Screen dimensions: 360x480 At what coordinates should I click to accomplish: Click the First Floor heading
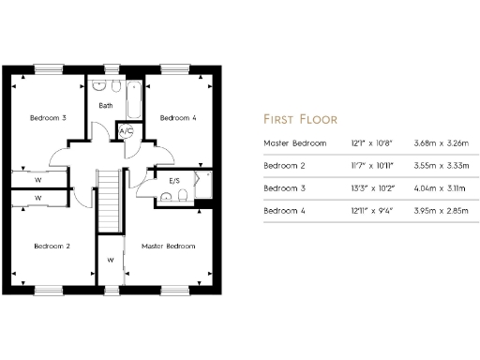tap(299, 119)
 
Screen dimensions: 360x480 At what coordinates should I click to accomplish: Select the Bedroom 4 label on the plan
tap(178, 118)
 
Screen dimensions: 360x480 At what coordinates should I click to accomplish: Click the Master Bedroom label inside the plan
tap(169, 246)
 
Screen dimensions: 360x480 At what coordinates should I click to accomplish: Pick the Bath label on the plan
tap(106, 105)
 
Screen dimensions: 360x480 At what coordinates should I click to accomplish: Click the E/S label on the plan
tap(174, 180)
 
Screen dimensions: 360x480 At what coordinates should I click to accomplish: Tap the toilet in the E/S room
tap(167, 196)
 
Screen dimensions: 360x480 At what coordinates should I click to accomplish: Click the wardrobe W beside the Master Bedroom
tap(111, 259)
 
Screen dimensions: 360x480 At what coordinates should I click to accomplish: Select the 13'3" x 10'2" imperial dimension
tap(360, 188)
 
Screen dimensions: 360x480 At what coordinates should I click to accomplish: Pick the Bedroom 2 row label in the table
tap(285, 166)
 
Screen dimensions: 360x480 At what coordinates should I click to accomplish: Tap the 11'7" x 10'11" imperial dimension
tap(360, 166)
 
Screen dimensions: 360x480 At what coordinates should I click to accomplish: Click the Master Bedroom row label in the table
tap(295, 143)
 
